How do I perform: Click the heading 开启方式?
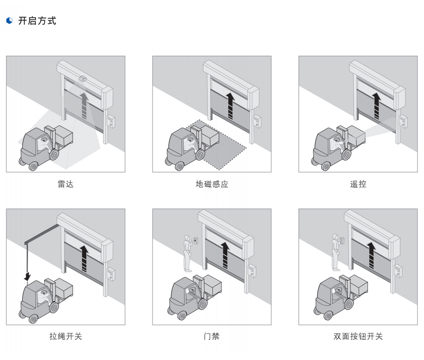click(37, 21)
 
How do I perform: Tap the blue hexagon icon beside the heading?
click(10, 21)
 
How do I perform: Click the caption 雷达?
click(65, 184)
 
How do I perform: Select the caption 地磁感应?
click(212, 184)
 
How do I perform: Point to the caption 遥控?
click(358, 184)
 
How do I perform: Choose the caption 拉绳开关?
click(65, 336)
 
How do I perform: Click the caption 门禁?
click(212, 336)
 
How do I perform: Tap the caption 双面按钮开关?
click(358, 336)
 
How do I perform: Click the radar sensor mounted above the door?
click(83, 79)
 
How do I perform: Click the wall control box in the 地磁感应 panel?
click(257, 121)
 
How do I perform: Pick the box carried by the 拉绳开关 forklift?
click(64, 287)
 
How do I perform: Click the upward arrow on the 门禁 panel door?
click(225, 256)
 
